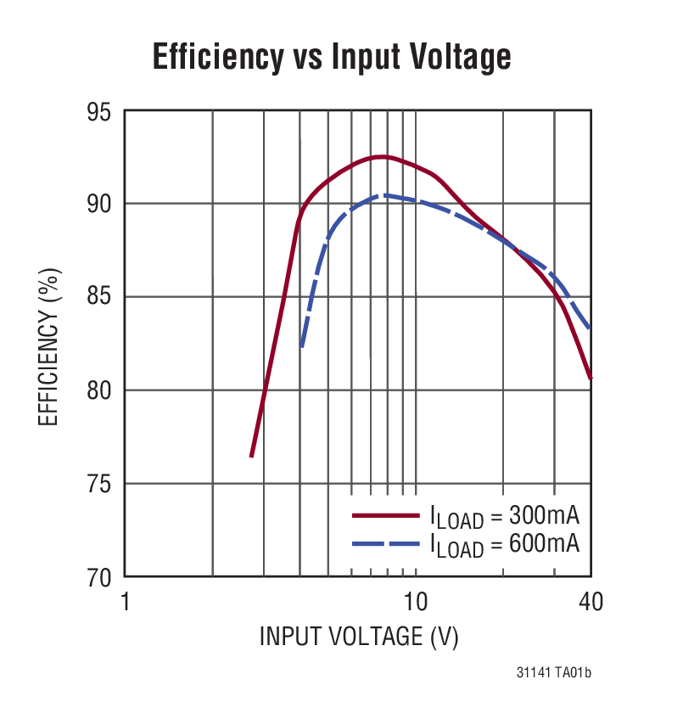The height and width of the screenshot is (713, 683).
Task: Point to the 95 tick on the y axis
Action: (101, 111)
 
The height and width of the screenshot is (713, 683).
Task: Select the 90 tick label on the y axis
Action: (101, 205)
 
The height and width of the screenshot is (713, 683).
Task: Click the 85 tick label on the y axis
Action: (101, 298)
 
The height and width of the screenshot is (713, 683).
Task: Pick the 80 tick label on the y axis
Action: (101, 391)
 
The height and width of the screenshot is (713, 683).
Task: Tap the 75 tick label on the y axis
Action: (101, 485)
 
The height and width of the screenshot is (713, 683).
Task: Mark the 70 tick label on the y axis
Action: (101, 577)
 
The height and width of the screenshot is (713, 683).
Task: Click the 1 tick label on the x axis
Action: (125, 602)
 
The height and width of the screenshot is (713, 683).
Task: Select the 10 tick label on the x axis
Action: (415, 602)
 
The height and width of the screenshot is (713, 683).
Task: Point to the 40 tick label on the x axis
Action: (591, 602)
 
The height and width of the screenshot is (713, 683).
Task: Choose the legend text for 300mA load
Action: (504, 516)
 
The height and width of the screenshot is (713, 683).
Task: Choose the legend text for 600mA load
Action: (504, 543)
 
